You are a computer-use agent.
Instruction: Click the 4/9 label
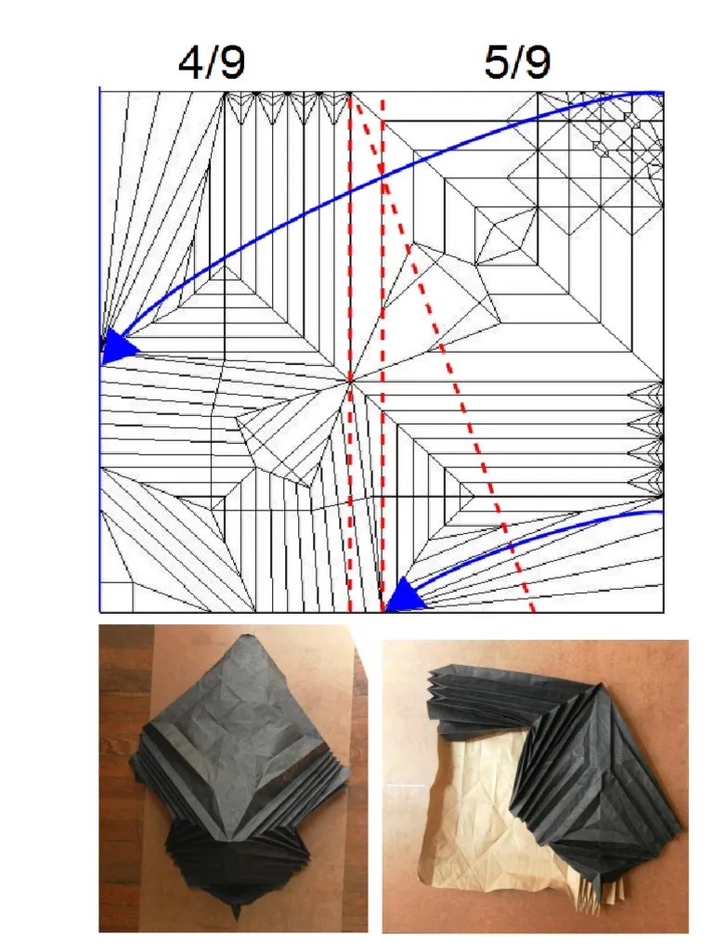click(212, 62)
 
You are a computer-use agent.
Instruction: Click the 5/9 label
click(517, 62)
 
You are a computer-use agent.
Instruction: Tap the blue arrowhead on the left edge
click(117, 347)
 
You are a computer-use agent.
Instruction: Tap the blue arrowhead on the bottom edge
click(404, 595)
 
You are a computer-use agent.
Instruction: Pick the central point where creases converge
click(350, 381)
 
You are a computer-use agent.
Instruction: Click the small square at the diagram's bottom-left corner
click(117, 597)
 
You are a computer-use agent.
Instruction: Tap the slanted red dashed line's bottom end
click(533, 610)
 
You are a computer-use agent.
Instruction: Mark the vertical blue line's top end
click(100, 88)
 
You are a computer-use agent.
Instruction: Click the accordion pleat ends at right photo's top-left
click(438, 691)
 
